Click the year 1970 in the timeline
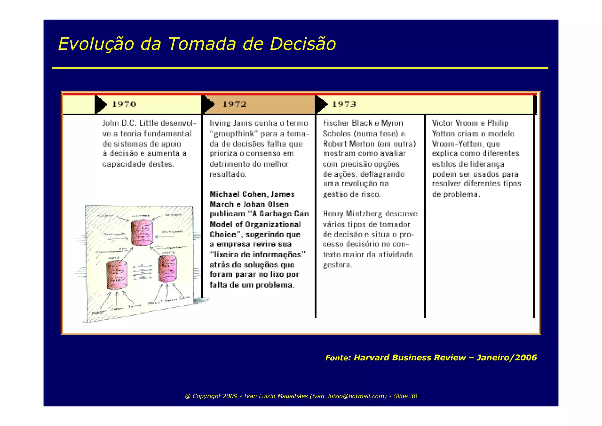tap(124, 104)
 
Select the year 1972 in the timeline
tap(235, 104)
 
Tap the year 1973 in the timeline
tap(344, 104)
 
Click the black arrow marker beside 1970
tap(101, 105)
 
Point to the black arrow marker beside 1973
tap(321, 105)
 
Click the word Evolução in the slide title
tap(96, 44)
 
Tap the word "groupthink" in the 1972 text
tap(234, 134)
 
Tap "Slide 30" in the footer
tap(405, 396)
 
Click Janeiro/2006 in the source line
tap(506, 358)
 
